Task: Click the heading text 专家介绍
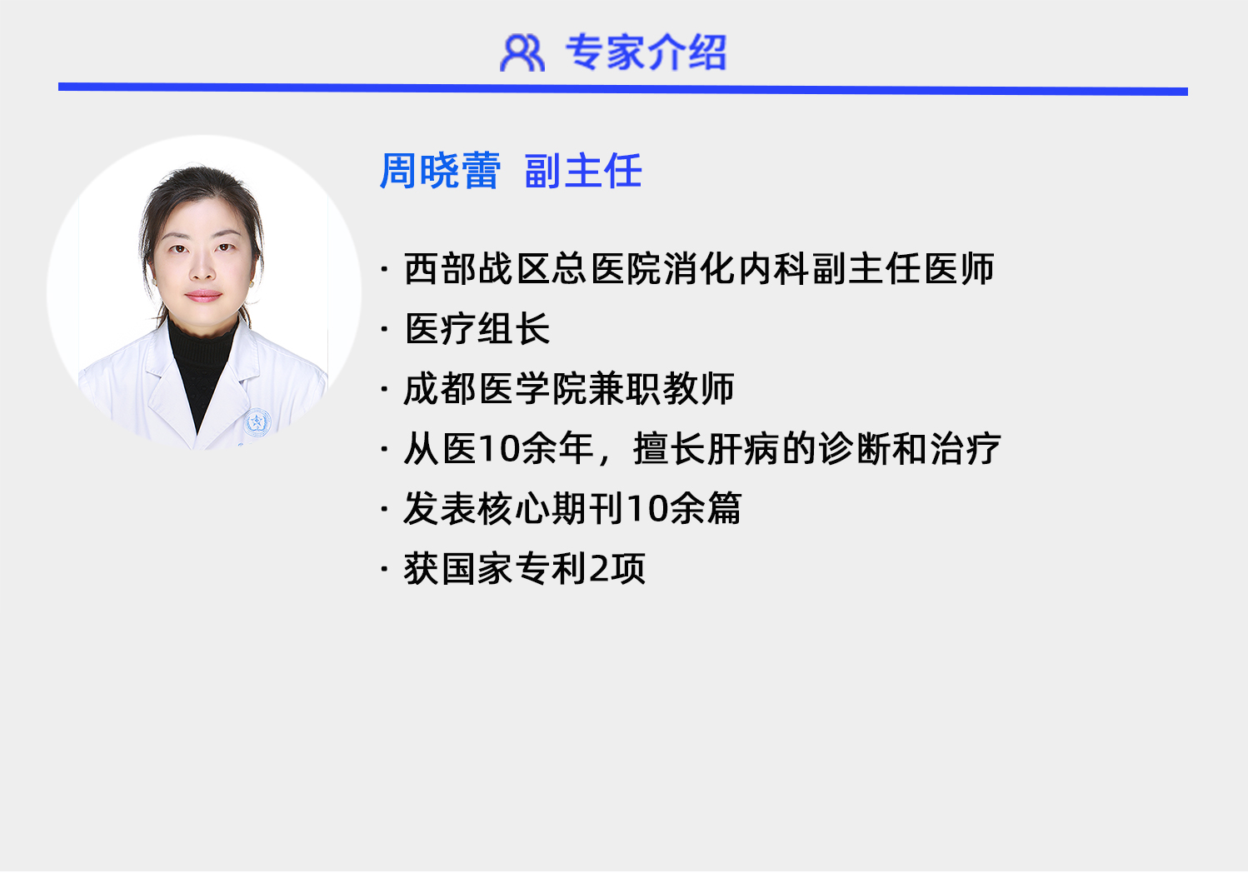coord(646,52)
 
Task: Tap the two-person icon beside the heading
coord(522,52)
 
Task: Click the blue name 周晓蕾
coord(440,172)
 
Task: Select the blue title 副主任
coord(583,172)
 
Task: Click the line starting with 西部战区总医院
coord(698,269)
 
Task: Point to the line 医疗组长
coord(477,329)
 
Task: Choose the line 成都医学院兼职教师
coord(568,389)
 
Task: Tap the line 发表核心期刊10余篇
coord(572,509)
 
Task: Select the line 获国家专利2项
coord(524,569)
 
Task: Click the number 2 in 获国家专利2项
coord(599,569)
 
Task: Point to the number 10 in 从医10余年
coord(500,449)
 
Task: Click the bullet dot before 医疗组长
coord(384,330)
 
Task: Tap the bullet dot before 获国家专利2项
coord(384,570)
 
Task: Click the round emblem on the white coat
coord(257,422)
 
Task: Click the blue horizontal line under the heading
coord(622,88)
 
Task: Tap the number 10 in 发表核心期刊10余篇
coord(647,509)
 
